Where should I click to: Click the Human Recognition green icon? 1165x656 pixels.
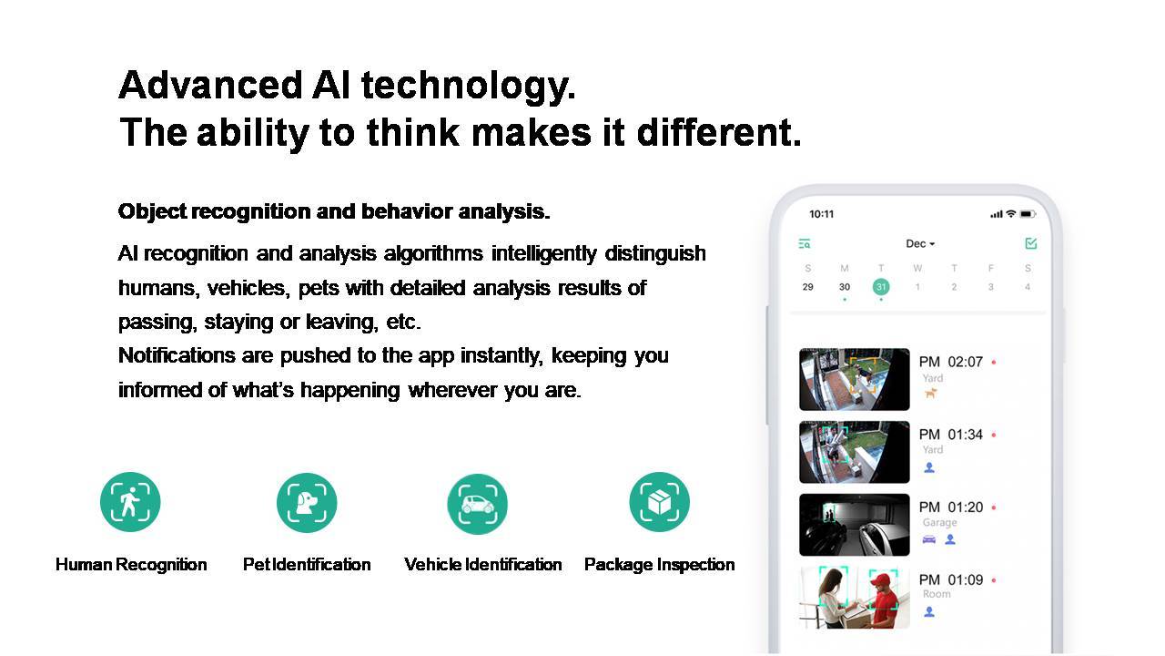130,502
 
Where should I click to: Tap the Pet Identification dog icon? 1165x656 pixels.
307,502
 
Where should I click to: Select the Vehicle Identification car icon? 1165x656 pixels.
478,504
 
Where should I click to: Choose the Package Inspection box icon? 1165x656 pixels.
660,502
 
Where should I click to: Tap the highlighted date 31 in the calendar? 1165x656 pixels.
881,287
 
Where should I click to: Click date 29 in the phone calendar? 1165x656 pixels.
807,287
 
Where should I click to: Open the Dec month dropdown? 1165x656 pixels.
920,243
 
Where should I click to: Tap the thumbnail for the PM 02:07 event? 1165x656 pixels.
855,379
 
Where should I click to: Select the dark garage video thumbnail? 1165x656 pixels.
855,525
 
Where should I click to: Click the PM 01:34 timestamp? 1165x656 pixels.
951,435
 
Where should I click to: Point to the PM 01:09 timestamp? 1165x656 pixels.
951,580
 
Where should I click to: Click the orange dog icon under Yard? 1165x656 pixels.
930,393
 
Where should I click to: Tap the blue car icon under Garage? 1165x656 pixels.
929,539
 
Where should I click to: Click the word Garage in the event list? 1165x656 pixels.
939,522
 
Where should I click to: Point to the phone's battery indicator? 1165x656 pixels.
1028,214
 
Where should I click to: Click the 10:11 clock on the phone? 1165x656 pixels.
821,214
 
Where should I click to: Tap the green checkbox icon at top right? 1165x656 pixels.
1031,243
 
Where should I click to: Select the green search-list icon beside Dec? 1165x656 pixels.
805,243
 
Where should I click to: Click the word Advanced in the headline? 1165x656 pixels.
210,85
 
